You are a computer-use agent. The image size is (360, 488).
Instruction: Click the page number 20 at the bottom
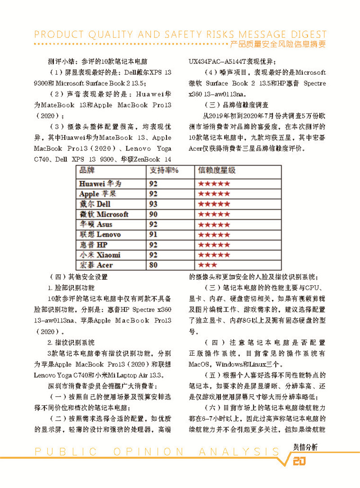[x=299, y=462]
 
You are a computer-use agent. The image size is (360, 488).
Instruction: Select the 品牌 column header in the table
[x=87, y=170]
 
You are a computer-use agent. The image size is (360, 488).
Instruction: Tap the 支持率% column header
[x=164, y=170]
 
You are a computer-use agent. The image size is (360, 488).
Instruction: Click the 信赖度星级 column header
[x=216, y=170]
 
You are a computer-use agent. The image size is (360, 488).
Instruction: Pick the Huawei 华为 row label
[x=100, y=184]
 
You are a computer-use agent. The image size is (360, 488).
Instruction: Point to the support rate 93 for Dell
[x=153, y=204]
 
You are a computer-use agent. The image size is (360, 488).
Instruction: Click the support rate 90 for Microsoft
[x=153, y=214]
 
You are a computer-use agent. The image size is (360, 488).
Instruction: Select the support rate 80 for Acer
[x=153, y=265]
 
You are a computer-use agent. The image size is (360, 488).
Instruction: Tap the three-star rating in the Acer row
[x=207, y=265]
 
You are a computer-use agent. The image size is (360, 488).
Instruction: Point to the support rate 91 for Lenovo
[x=153, y=234]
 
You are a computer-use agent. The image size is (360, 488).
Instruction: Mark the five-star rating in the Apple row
[x=214, y=194]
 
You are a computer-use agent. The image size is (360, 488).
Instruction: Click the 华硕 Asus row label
[x=96, y=224]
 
